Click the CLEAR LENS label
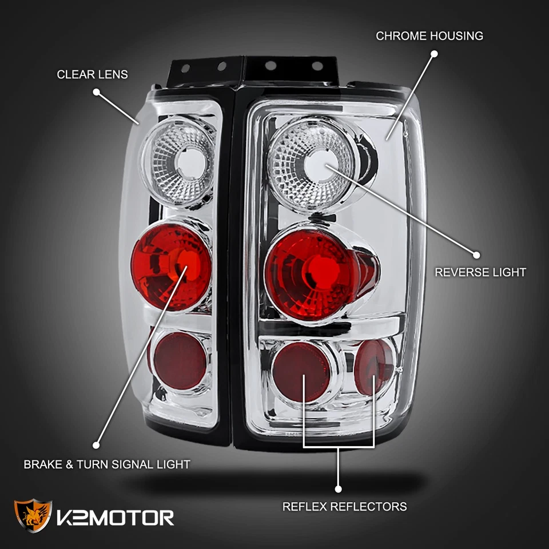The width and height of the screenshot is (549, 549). [92, 74]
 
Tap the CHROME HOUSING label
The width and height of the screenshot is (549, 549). [429, 36]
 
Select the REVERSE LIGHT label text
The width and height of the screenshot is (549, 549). [480, 272]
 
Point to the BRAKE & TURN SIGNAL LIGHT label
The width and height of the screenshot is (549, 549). [106, 464]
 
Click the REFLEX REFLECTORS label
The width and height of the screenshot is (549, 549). [344, 507]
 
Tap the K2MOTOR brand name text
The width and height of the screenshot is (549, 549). [116, 518]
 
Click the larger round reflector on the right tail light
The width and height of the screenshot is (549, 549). [301, 372]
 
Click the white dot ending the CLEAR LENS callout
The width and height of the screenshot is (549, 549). [96, 91]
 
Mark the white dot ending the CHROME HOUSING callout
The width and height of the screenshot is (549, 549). [434, 54]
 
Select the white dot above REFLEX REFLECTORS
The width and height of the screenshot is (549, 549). [338, 489]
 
